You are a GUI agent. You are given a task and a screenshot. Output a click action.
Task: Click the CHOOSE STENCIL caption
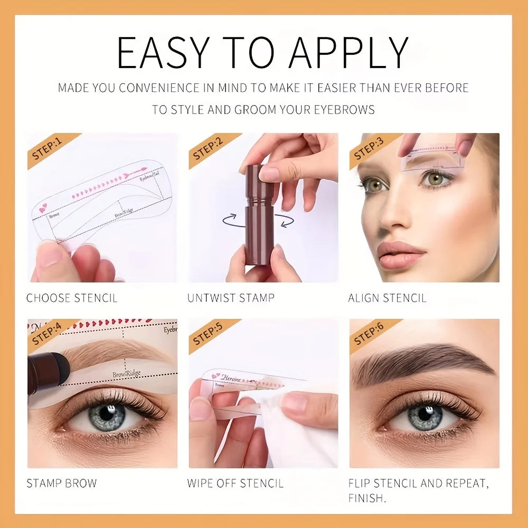click(x=71, y=298)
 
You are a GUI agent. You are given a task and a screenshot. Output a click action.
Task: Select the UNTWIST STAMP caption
click(x=231, y=298)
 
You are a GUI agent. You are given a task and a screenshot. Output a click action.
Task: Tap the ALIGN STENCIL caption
click(x=387, y=298)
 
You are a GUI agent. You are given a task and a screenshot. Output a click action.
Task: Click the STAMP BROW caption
click(x=62, y=483)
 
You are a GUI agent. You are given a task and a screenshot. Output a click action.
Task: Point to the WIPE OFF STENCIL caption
click(x=235, y=483)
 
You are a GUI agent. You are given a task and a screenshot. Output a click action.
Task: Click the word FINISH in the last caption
click(x=366, y=497)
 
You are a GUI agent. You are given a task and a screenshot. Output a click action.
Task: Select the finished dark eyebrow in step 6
click(x=422, y=359)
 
